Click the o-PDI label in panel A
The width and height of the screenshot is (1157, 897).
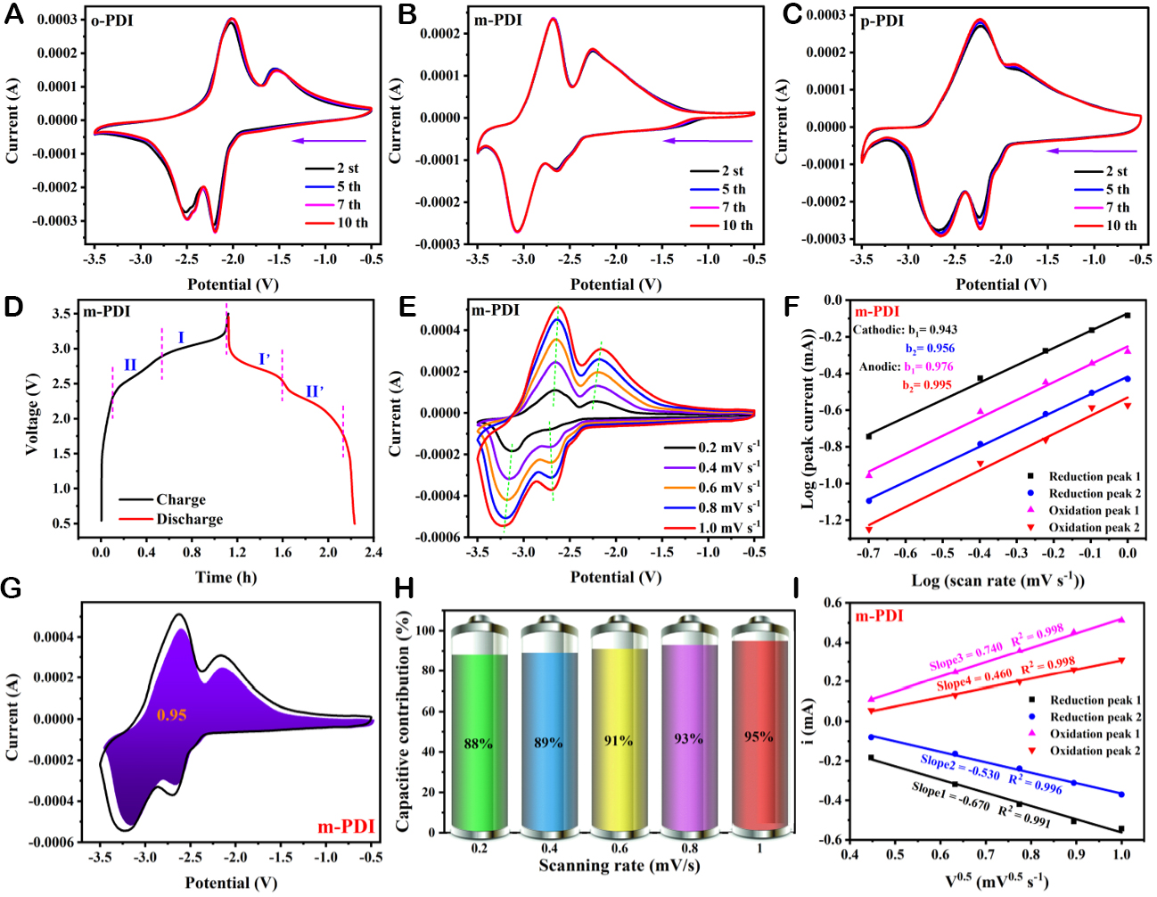pyautogui.click(x=112, y=20)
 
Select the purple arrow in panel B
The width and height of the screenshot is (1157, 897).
pyautogui.click(x=708, y=141)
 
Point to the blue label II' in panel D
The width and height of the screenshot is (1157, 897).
pyautogui.click(x=315, y=391)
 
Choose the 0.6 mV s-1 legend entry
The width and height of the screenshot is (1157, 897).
pyautogui.click(x=711, y=488)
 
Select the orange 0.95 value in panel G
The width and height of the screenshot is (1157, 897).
pyautogui.click(x=171, y=714)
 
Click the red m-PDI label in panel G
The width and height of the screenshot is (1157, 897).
pyautogui.click(x=346, y=827)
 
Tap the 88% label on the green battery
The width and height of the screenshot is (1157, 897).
pyautogui.click(x=479, y=743)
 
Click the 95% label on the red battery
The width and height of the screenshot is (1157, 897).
pyautogui.click(x=759, y=737)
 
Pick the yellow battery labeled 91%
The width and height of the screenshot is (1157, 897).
pyautogui.click(x=619, y=731)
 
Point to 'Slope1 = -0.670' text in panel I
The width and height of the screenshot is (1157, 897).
pyautogui.click(x=950, y=794)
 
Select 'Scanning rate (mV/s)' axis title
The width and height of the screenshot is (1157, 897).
pyautogui.click(x=620, y=866)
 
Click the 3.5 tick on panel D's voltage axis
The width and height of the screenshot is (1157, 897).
pyautogui.click(x=62, y=314)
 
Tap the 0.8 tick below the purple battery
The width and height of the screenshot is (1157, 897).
pyautogui.click(x=689, y=848)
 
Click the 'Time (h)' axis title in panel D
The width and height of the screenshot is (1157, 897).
pyautogui.click(x=226, y=577)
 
